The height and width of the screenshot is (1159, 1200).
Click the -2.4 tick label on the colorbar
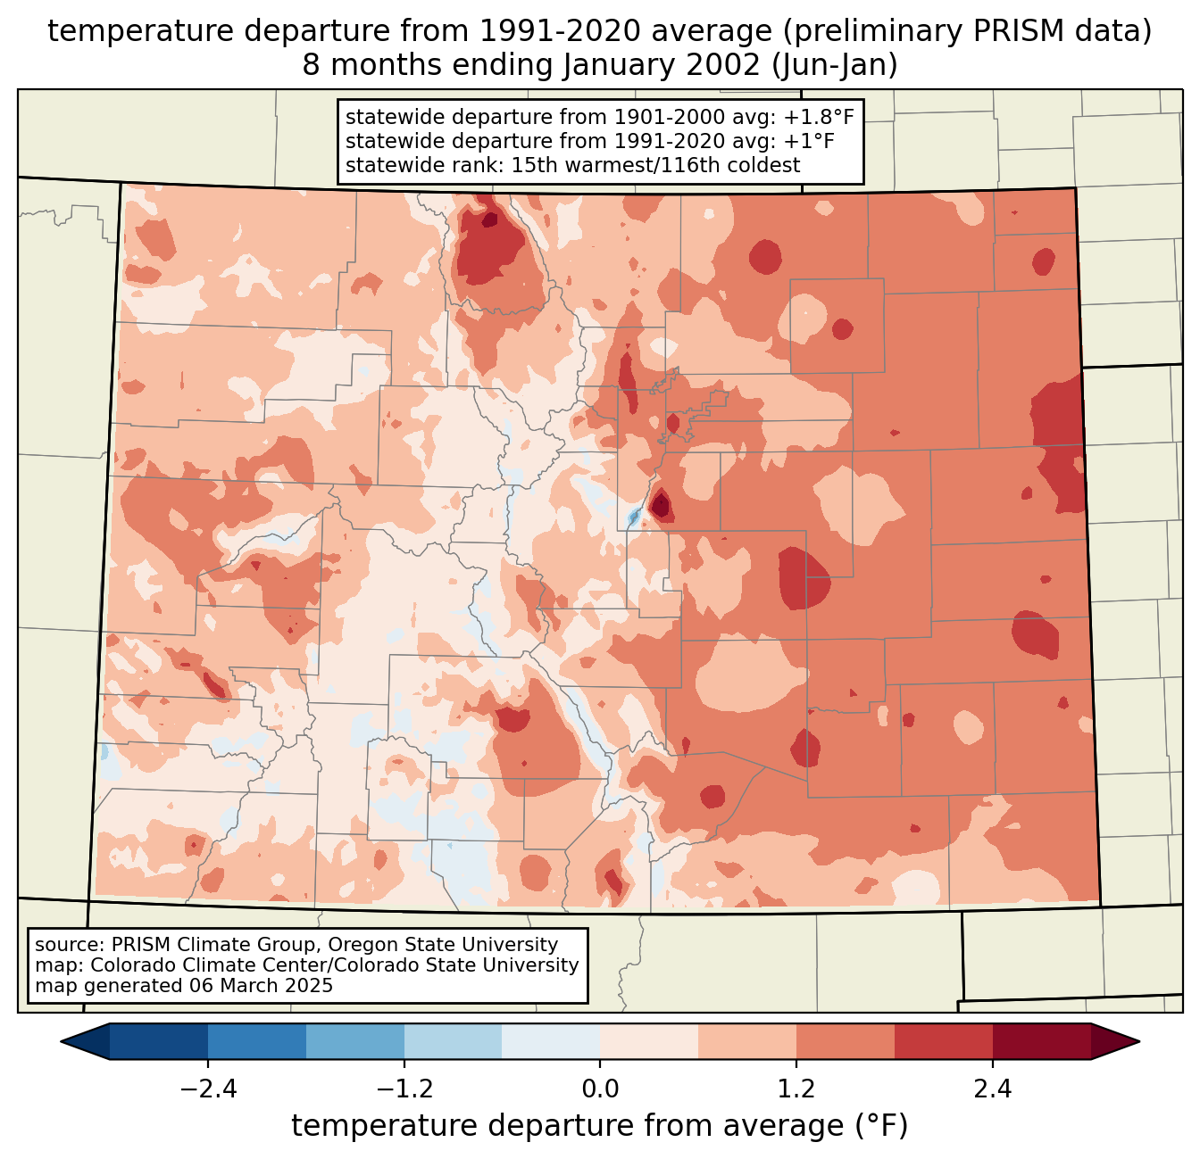coord(207,1089)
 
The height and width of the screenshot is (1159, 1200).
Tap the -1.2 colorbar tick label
coord(404,1089)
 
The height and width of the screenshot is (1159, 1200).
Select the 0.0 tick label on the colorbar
coord(600,1089)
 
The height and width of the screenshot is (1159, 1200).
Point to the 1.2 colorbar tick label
coord(796,1089)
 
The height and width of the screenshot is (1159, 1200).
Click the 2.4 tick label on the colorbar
coord(993,1089)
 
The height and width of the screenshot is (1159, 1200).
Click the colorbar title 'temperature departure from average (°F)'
coord(600,1126)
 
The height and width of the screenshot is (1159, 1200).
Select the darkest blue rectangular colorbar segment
coord(159,1041)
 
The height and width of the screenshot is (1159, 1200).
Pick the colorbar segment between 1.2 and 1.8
coord(846,1041)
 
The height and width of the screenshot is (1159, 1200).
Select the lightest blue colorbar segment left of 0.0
coord(551,1041)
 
